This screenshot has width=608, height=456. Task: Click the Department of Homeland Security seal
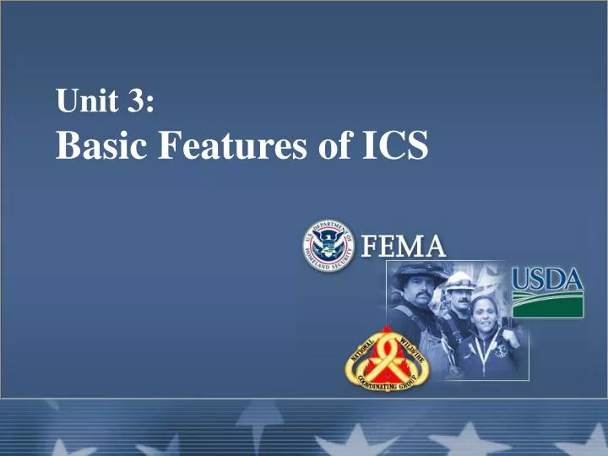click(328, 244)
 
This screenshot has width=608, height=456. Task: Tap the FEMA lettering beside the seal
click(404, 247)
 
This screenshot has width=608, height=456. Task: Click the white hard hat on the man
click(461, 280)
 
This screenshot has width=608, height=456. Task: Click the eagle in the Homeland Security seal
click(328, 244)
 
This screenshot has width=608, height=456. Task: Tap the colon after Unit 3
click(149, 105)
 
